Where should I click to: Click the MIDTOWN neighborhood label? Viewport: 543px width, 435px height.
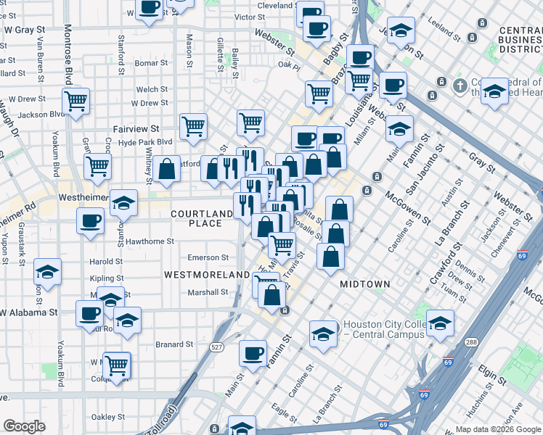(x=366, y=284)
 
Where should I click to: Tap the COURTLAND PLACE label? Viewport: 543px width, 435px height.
(x=197, y=218)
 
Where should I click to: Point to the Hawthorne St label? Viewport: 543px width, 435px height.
(x=150, y=241)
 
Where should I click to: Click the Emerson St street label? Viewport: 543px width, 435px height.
(x=208, y=257)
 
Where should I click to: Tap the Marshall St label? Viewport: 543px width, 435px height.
(x=208, y=292)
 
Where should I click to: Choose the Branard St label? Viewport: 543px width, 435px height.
(x=173, y=344)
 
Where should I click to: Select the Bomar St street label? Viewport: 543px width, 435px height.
(x=152, y=63)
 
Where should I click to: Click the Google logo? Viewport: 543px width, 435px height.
(x=24, y=427)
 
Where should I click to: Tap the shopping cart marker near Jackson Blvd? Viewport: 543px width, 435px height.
(x=75, y=101)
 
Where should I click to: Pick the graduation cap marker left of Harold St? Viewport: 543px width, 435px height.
(x=48, y=272)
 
